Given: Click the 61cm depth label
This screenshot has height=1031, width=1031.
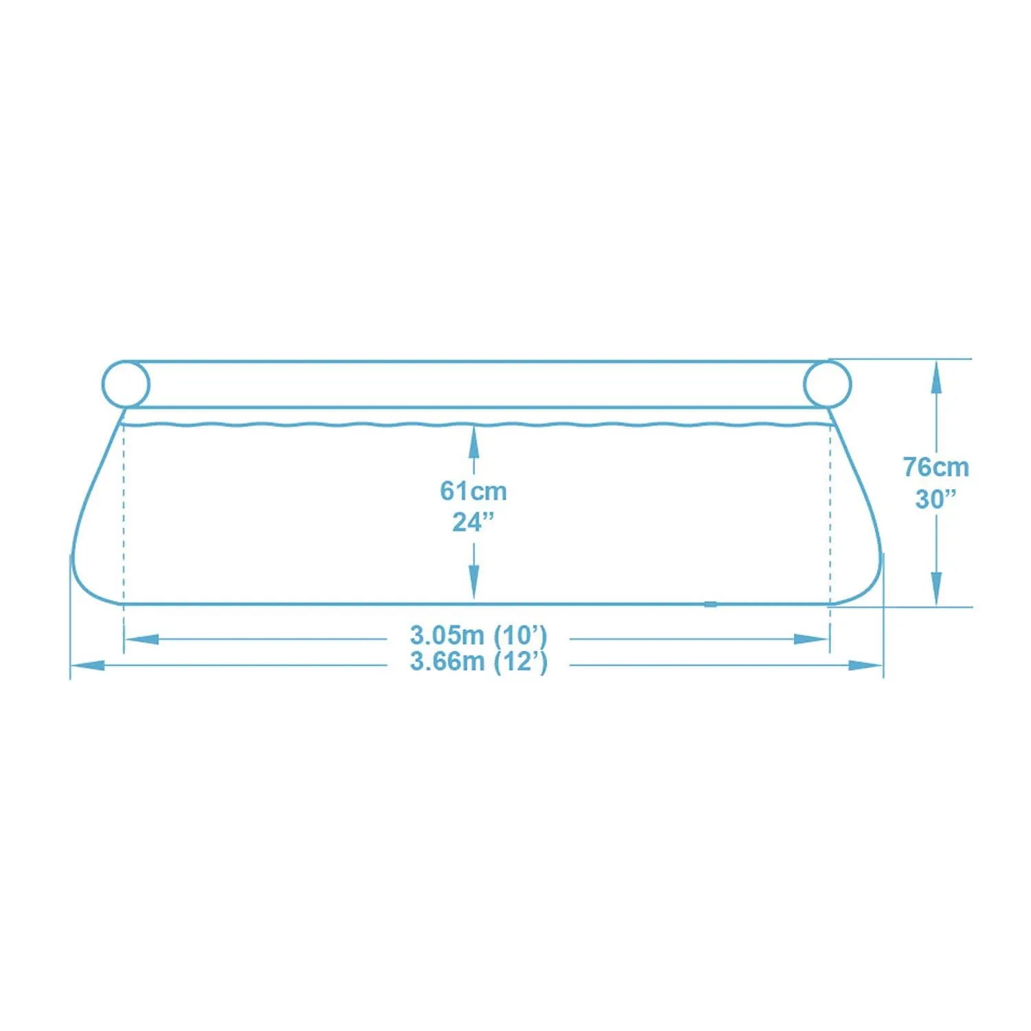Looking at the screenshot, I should [474, 491].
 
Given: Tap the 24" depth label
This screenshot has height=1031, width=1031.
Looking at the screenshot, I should [474, 522].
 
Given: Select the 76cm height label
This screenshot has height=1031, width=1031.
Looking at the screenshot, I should [935, 467].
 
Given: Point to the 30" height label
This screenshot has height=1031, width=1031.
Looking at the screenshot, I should [935, 499].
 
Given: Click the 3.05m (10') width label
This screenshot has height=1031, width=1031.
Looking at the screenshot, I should [478, 635].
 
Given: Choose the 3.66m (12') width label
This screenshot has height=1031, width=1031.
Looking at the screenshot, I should [478, 662].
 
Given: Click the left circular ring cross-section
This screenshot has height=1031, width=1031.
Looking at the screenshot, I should [126, 384].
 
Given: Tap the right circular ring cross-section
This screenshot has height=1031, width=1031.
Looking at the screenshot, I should [828, 384].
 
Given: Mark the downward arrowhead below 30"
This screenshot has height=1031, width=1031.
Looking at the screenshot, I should [935, 590].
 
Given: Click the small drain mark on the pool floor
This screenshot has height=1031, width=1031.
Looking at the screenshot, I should [710, 605].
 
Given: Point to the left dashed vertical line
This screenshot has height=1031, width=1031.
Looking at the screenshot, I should [124, 515].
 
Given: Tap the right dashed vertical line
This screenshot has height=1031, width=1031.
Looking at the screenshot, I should [830, 515].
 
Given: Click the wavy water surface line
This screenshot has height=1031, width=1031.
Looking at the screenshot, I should [344, 424].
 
